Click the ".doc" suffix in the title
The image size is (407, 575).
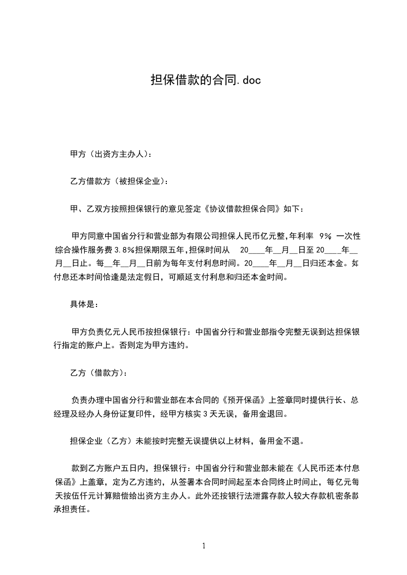click(247, 80)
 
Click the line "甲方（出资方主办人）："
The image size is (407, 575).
click(110, 154)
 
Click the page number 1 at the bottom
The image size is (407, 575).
click(204, 546)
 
